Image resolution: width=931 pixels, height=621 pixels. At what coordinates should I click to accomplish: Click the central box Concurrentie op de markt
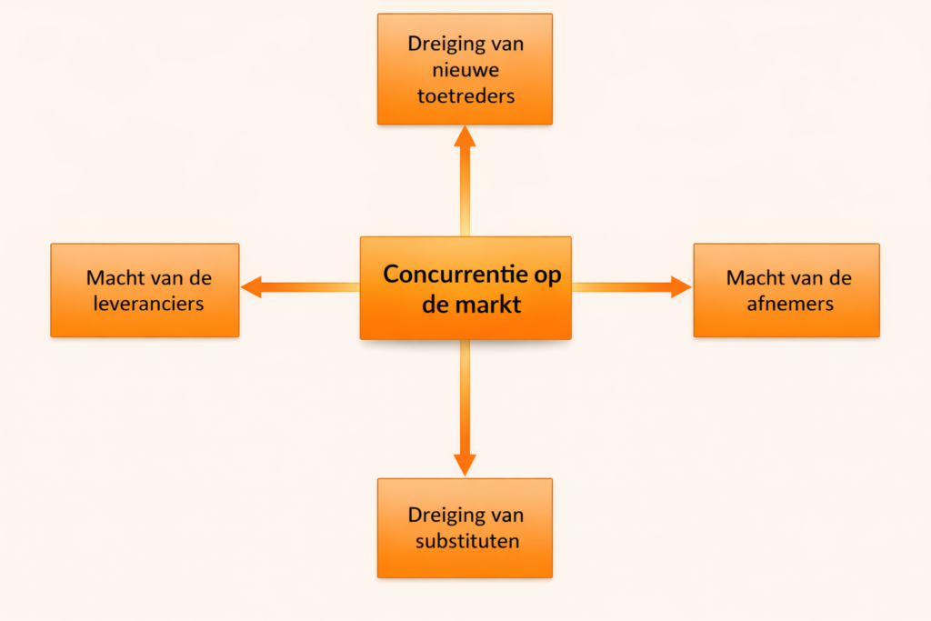tap(465, 287)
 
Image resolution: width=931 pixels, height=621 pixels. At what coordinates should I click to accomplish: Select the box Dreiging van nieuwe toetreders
tap(465, 69)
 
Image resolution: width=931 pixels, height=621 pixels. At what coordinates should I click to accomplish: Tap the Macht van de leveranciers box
tap(145, 290)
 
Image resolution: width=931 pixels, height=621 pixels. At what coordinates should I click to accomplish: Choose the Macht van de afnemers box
tap(786, 290)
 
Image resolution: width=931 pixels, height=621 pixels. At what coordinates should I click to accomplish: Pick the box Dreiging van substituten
tap(465, 528)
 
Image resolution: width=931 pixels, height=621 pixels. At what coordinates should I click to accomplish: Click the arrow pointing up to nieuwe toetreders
tap(465, 177)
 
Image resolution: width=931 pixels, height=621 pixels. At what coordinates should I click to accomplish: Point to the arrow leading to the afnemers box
tap(636, 287)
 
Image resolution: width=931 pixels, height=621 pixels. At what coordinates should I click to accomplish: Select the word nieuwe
tap(465, 69)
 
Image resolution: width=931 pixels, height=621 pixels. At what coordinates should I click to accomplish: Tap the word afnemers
tap(789, 303)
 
